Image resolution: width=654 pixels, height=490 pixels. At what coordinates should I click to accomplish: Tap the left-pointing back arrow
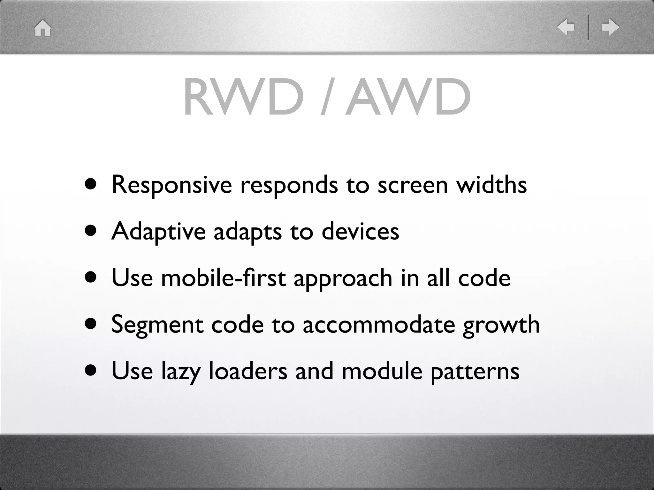pyautogui.click(x=566, y=27)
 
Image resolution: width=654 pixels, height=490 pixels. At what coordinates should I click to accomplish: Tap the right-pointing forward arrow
pyautogui.click(x=610, y=27)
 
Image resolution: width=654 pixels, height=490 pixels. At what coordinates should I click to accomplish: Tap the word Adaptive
pyautogui.click(x=159, y=231)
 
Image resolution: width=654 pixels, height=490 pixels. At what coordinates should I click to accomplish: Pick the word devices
pyautogui.click(x=360, y=231)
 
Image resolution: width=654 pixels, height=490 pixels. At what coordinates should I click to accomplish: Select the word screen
pyautogui.click(x=413, y=185)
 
